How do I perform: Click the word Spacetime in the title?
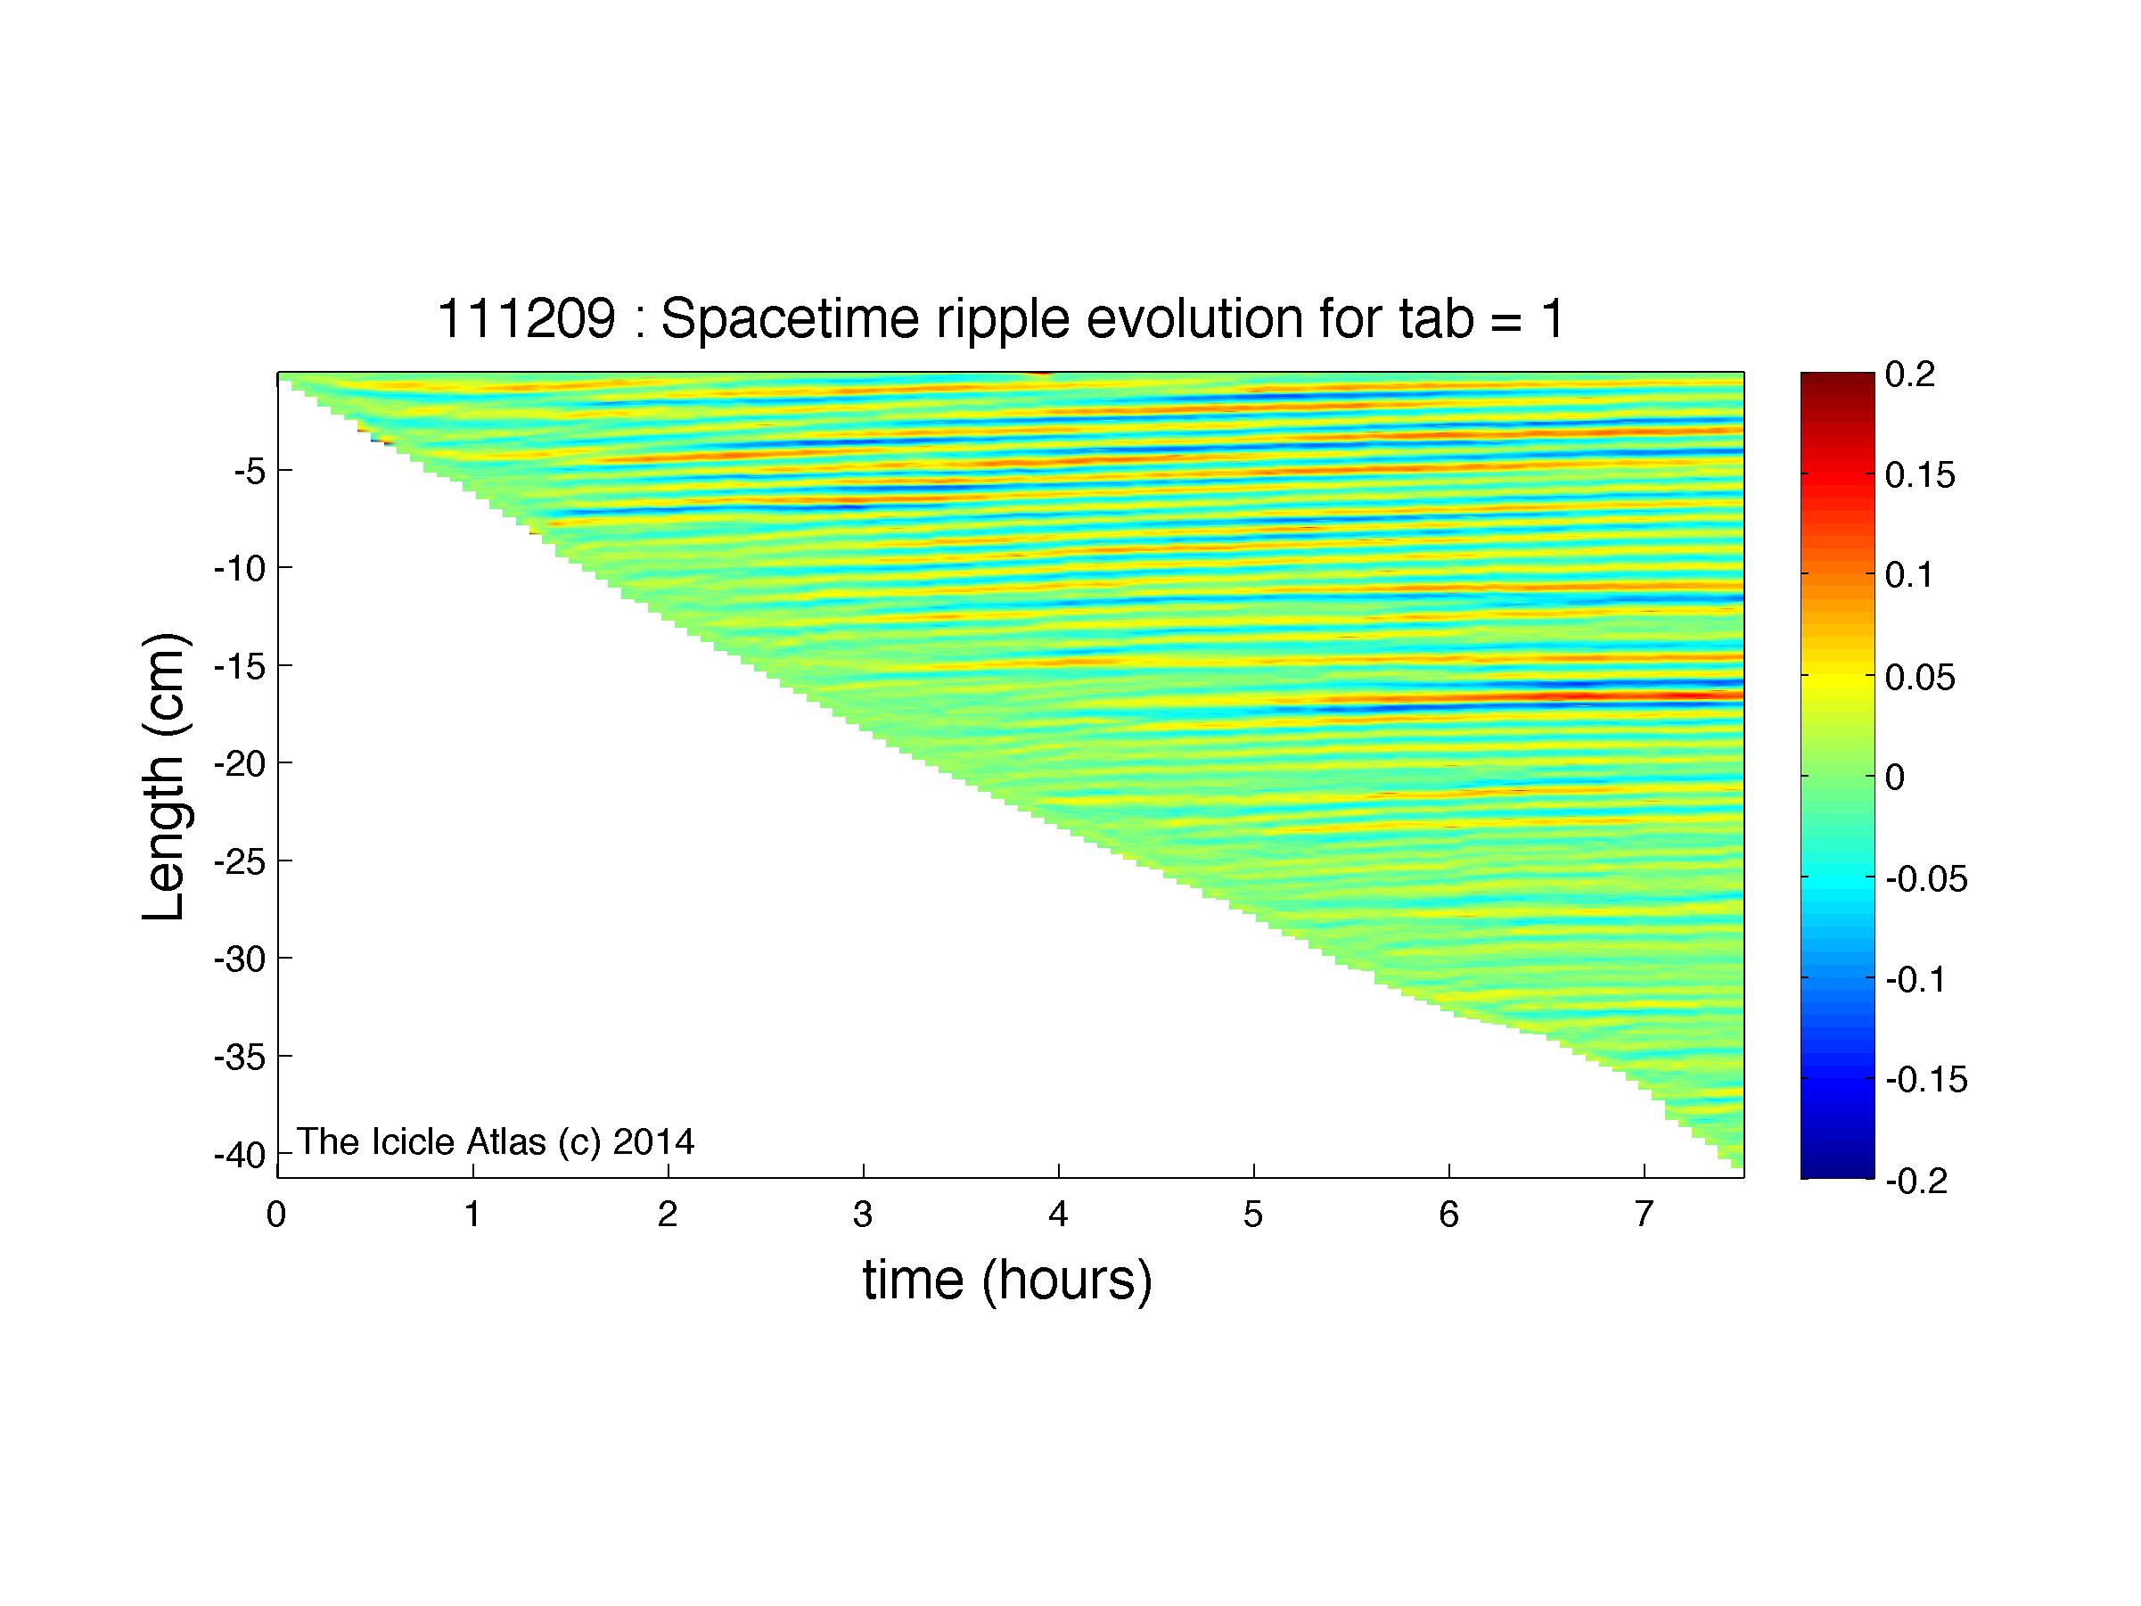[x=788, y=319]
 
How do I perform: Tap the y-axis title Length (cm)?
[x=165, y=778]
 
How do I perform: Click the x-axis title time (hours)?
[x=1007, y=1281]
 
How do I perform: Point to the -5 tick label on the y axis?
[x=249, y=473]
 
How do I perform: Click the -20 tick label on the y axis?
[x=239, y=765]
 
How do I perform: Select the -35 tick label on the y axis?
[x=239, y=1057]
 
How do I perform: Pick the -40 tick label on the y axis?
[x=239, y=1155]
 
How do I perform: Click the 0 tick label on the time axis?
[x=277, y=1215]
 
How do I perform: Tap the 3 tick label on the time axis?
[x=864, y=1215]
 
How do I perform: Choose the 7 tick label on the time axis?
[x=1644, y=1215]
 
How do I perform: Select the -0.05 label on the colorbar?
[x=1927, y=880]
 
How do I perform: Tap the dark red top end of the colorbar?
[x=1837, y=377]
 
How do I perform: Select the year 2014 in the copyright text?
[x=653, y=1141]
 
